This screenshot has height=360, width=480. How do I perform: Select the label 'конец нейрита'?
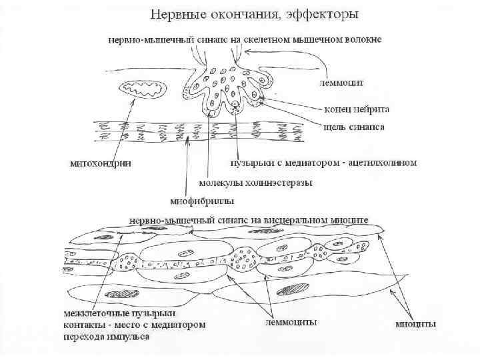353,110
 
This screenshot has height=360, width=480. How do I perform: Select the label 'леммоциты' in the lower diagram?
291,322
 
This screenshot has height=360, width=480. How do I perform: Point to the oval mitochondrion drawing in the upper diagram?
143,89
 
